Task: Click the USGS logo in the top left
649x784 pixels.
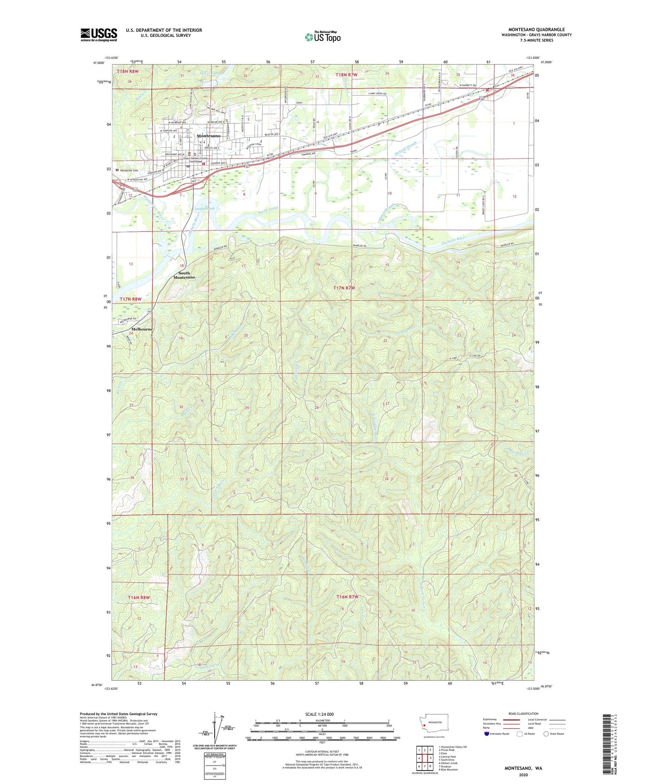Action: [99, 35]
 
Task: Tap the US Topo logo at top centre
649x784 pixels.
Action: [322, 37]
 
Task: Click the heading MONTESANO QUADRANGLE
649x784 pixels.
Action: [536, 30]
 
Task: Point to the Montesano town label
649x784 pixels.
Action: [208, 136]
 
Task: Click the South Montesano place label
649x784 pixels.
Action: [184, 275]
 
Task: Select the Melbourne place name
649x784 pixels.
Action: [142, 329]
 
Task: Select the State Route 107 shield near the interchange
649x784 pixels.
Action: [193, 181]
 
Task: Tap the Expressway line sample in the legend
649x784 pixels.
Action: [511, 720]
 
